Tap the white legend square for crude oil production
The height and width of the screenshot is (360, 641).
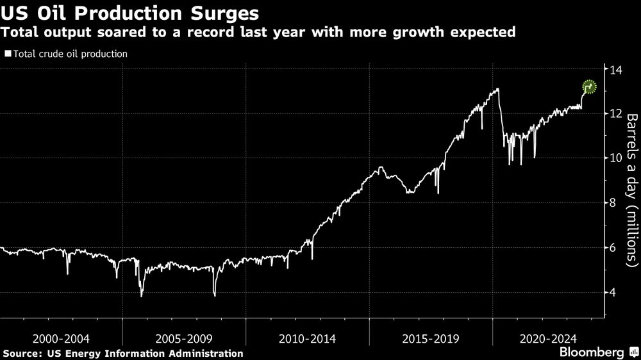(8, 54)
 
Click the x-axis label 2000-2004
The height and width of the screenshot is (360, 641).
(61, 338)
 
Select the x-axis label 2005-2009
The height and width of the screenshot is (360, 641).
(184, 338)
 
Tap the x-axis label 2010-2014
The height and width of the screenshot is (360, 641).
(308, 338)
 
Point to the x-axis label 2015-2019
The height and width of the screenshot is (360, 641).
(431, 338)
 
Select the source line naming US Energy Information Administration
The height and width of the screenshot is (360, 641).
(123, 353)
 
